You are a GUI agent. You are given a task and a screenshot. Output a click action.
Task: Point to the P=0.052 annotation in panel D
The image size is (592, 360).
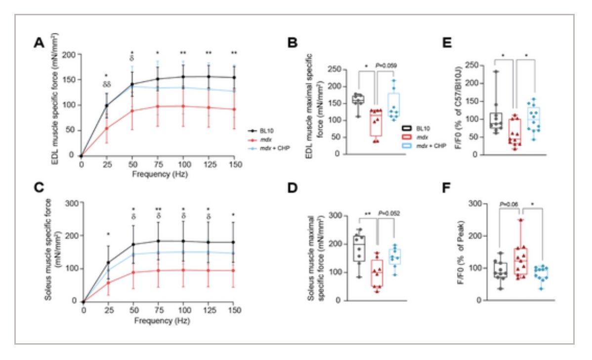(x=388, y=213)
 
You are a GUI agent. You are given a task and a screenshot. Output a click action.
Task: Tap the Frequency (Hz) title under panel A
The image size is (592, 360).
(x=157, y=175)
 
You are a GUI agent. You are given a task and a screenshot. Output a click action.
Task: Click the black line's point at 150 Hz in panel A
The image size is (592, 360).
(x=234, y=78)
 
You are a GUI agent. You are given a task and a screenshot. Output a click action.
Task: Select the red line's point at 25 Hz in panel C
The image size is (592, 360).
(x=107, y=282)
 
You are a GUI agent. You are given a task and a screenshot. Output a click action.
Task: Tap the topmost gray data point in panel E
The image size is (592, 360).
(x=495, y=72)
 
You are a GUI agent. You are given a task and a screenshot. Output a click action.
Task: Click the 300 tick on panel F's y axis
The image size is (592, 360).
(x=477, y=203)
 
